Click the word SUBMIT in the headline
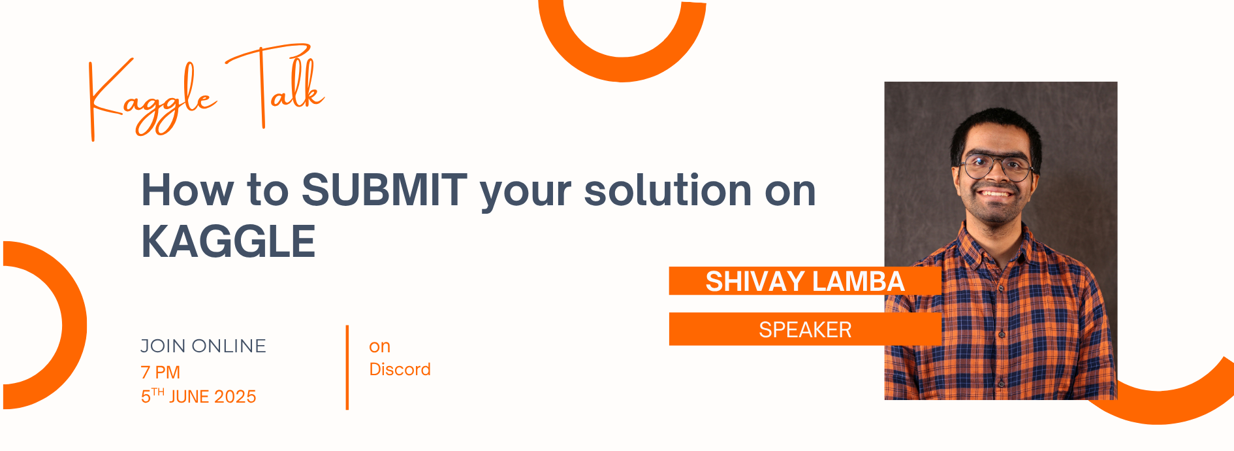coord(384,190)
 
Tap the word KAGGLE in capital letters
coord(229,241)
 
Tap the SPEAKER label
coord(805,329)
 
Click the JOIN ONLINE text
coord(203,346)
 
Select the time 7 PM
coord(161,372)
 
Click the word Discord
coord(400,369)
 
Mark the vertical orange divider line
coord(347,367)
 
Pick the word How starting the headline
coord(187,190)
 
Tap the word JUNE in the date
coord(189,397)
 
